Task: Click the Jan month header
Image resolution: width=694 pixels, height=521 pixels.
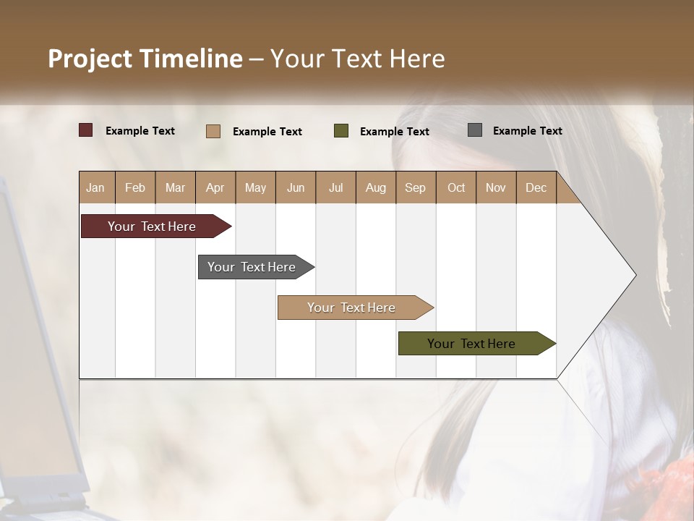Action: [x=96, y=188]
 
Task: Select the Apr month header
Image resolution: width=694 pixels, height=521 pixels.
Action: [x=215, y=188]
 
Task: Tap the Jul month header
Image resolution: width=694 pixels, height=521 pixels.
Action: [x=336, y=188]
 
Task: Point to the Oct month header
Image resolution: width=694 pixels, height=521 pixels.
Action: [x=456, y=188]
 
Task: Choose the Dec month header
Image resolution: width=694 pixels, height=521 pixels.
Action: [x=536, y=188]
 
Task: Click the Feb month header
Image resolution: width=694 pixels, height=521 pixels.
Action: [x=135, y=188]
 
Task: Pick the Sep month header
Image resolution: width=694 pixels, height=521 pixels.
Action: [x=416, y=188]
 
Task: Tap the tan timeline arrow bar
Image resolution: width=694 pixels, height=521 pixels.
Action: [x=352, y=308]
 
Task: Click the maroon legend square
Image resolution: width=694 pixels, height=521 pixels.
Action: [x=86, y=130]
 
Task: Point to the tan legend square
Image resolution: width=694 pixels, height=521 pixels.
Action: [x=213, y=131]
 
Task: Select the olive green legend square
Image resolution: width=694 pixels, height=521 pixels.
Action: [x=341, y=131]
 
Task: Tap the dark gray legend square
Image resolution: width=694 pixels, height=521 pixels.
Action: [x=475, y=130]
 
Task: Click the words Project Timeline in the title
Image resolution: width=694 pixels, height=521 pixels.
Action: [x=145, y=59]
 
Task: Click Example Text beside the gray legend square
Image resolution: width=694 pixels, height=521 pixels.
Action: [x=528, y=131]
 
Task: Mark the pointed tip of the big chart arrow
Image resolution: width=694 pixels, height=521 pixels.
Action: [x=635, y=275]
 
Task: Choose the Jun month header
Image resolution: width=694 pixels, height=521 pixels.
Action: [x=296, y=188]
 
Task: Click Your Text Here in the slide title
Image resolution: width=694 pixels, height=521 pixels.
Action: [x=358, y=59]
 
